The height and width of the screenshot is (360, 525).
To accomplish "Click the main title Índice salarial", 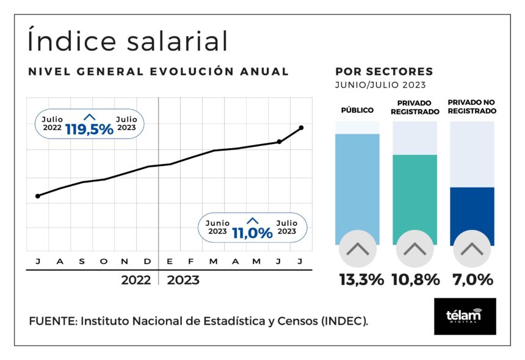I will click(128, 41).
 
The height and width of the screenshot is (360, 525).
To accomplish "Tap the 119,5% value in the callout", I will click(89, 129).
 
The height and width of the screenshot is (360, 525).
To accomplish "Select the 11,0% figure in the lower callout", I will click(252, 232).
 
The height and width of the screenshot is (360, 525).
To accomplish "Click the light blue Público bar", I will click(357, 183).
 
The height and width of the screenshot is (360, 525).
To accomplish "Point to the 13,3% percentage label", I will click(361, 280).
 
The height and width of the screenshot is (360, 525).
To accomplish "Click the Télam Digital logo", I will click(465, 316).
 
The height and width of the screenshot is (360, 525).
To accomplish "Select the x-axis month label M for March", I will click(213, 262).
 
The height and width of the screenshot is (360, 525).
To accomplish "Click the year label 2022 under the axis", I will click(136, 281).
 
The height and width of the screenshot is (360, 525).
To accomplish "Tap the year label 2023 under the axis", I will click(183, 281).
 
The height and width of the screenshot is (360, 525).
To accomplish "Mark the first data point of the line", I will click(38, 196).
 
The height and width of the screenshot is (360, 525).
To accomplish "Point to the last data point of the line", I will click(302, 128).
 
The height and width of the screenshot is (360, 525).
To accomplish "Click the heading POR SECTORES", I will click(384, 72).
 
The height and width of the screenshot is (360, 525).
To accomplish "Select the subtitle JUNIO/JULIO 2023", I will click(380, 85).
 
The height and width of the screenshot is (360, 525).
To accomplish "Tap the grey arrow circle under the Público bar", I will click(358, 249).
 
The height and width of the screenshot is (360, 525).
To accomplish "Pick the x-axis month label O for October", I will click(103, 262).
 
